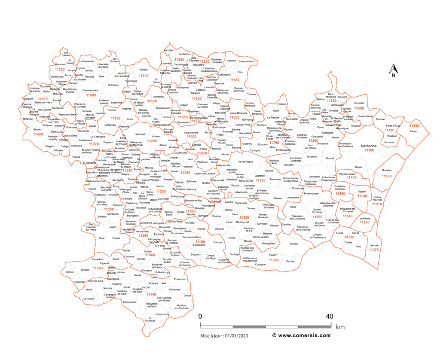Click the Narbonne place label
(x=370, y=146)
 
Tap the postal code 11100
(x=370, y=150)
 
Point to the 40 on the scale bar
(x=330, y=316)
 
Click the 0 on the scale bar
(x=200, y=316)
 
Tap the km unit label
(x=340, y=327)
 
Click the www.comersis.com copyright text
(x=302, y=336)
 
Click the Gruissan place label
(x=386, y=171)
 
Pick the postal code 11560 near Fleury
(x=414, y=126)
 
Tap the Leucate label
(x=374, y=245)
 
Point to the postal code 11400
(x=91, y=95)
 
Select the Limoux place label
(x=160, y=186)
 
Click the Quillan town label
(x=148, y=251)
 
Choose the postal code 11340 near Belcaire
(x=98, y=268)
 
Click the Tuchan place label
(x=293, y=244)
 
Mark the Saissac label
(x=144, y=69)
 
